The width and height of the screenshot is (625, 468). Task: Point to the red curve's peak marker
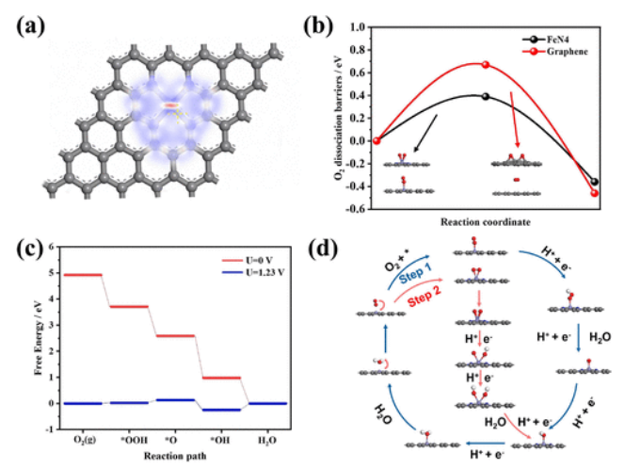click(485, 64)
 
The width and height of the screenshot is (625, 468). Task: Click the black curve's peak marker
click(485, 96)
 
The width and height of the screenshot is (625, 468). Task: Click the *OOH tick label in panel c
click(129, 438)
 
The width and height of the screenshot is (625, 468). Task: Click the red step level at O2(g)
click(81, 274)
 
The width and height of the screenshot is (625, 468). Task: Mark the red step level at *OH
click(222, 378)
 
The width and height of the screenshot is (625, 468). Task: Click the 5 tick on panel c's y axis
click(50, 274)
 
